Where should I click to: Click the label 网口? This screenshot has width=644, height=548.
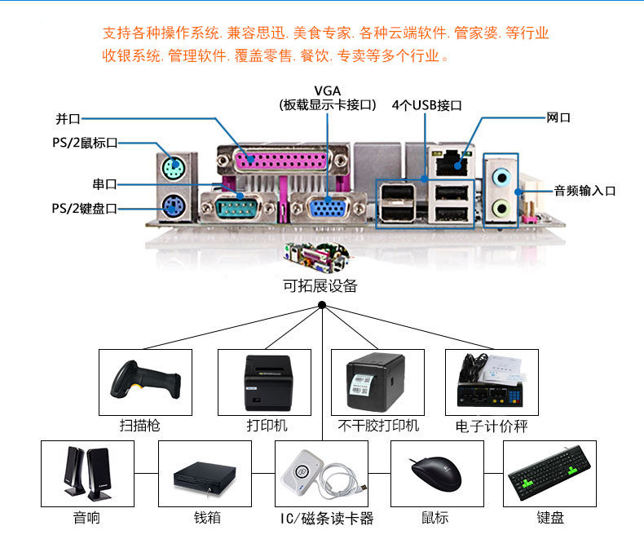(x=558, y=118)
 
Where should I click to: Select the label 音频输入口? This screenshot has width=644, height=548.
(x=584, y=191)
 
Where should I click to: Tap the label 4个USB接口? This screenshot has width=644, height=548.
(x=426, y=105)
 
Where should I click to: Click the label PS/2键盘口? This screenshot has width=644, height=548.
(x=85, y=209)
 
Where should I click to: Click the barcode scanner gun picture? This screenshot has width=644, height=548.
(x=145, y=382)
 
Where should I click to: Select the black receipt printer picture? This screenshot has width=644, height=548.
(x=265, y=382)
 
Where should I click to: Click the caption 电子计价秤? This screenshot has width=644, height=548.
(x=492, y=426)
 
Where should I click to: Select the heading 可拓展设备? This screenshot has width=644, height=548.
(x=320, y=286)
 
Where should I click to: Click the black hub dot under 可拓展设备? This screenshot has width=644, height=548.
(x=322, y=306)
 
